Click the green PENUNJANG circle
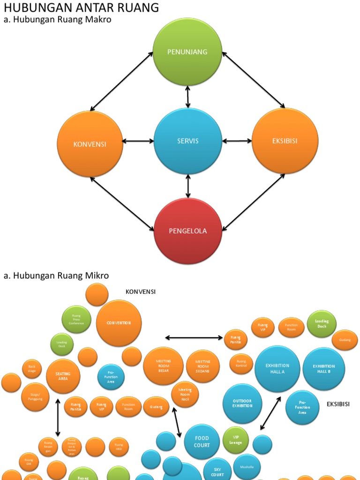187,52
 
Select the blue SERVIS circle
187,141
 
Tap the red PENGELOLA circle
187,231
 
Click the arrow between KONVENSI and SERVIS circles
138,141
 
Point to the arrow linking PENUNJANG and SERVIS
188,97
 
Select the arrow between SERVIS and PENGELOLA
188,186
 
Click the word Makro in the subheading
97,20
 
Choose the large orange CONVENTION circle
119,323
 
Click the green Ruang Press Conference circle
76,319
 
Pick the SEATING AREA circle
63,376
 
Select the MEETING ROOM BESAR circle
163,366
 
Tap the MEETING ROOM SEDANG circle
203,366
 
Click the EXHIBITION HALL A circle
277,368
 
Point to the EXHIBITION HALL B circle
323,368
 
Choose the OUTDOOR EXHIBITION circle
242,403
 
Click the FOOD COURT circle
202,442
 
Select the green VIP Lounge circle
236,440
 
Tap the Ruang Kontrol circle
241,364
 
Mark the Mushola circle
247,467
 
